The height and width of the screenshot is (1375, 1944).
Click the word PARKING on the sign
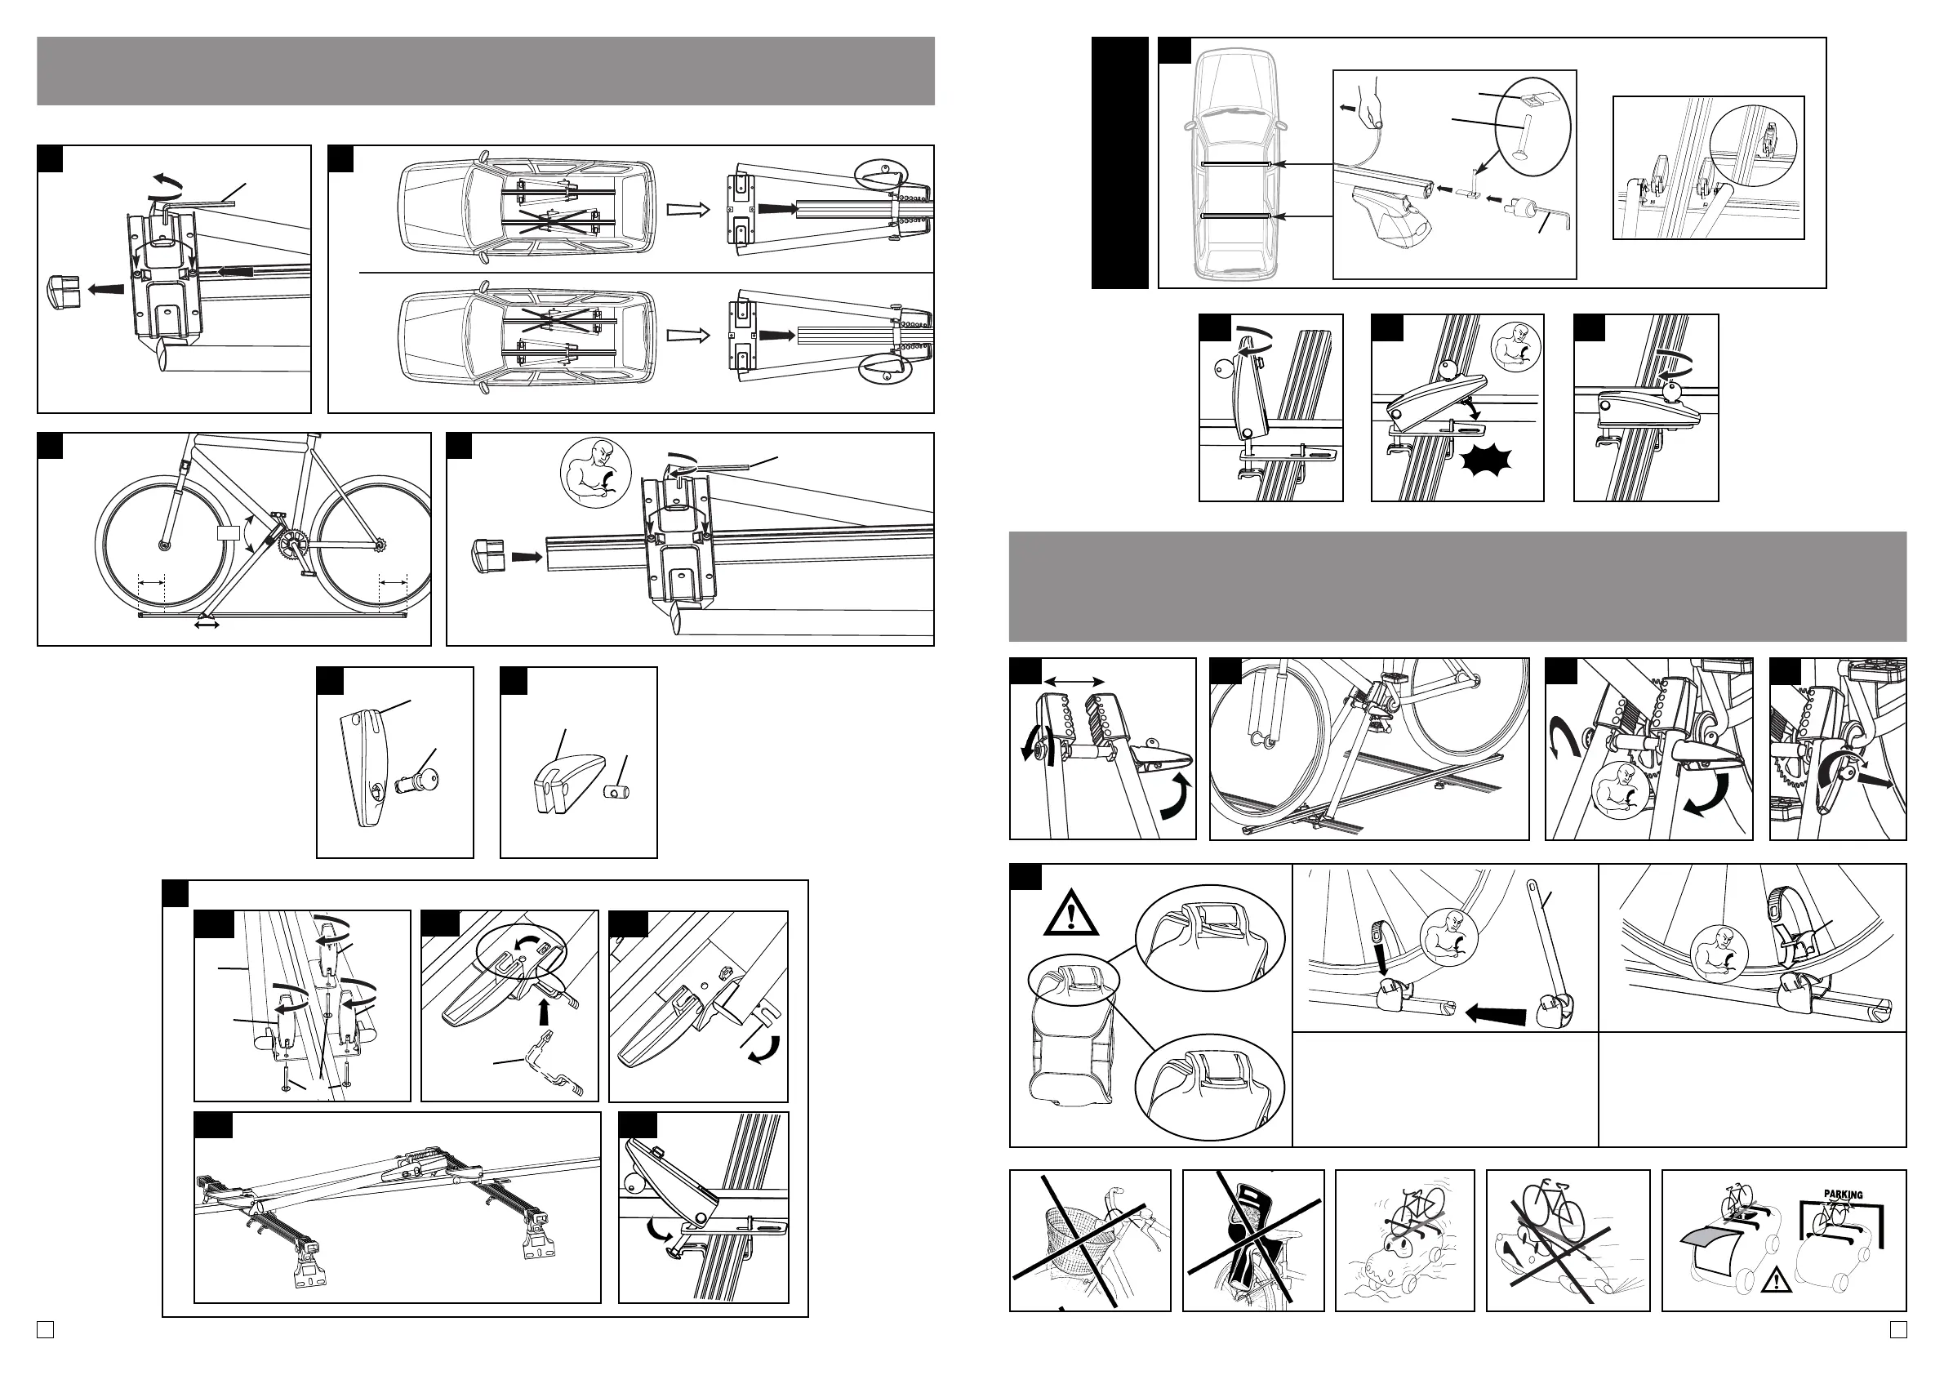point(1844,1195)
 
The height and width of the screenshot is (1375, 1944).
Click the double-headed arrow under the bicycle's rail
point(207,624)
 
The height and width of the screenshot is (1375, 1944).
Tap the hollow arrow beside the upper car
point(687,209)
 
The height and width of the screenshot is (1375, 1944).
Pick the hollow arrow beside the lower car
point(687,336)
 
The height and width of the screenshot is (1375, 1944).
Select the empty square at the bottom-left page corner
point(45,1330)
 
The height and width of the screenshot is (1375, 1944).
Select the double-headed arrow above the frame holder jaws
point(1074,681)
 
